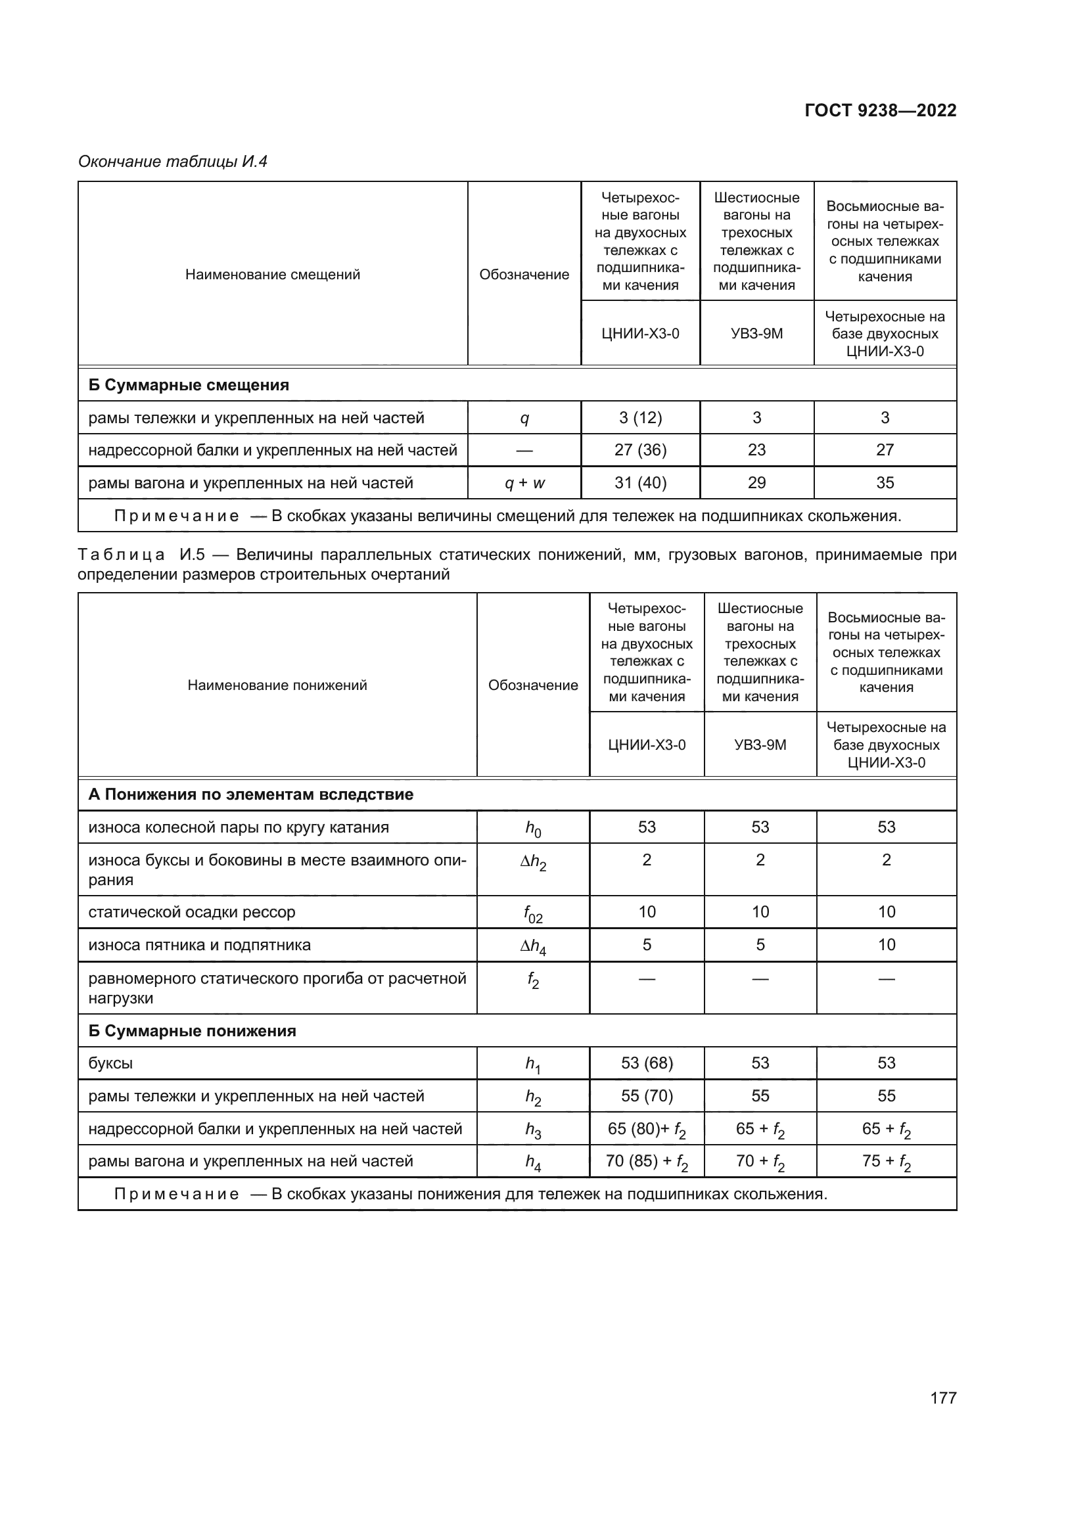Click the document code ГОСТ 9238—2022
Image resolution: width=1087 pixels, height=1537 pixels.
click(880, 110)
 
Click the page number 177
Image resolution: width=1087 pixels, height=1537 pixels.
click(943, 1398)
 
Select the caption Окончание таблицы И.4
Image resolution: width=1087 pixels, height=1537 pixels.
click(173, 162)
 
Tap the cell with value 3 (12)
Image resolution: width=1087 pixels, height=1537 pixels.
click(640, 418)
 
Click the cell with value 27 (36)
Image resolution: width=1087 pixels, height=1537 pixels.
click(640, 450)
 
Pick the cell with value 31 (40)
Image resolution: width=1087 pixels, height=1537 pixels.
click(640, 483)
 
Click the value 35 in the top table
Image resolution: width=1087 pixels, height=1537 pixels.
click(885, 483)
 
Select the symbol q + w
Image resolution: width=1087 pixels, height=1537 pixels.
click(524, 483)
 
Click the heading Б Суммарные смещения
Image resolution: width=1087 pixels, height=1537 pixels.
click(189, 385)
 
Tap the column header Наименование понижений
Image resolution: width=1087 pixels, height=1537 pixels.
click(277, 685)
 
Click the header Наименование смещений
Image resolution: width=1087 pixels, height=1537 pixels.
click(273, 275)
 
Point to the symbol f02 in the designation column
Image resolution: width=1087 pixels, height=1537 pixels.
click(533, 914)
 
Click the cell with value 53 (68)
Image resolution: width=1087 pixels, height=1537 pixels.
click(647, 1063)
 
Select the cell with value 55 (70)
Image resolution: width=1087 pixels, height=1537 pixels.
click(647, 1096)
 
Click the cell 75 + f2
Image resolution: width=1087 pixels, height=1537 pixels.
click(886, 1161)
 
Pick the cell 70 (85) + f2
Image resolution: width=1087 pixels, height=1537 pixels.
click(647, 1161)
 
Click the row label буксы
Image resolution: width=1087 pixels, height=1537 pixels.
click(110, 1064)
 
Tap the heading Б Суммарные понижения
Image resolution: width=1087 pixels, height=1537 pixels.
click(192, 1031)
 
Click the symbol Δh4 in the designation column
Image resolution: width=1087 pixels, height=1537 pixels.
click(533, 946)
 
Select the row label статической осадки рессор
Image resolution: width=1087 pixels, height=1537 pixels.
click(191, 913)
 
